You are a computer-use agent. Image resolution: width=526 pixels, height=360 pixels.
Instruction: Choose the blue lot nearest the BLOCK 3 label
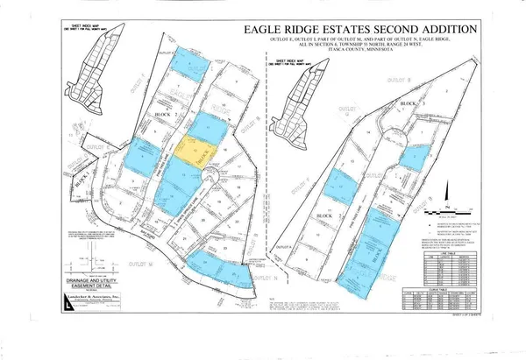click(x=415, y=156)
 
